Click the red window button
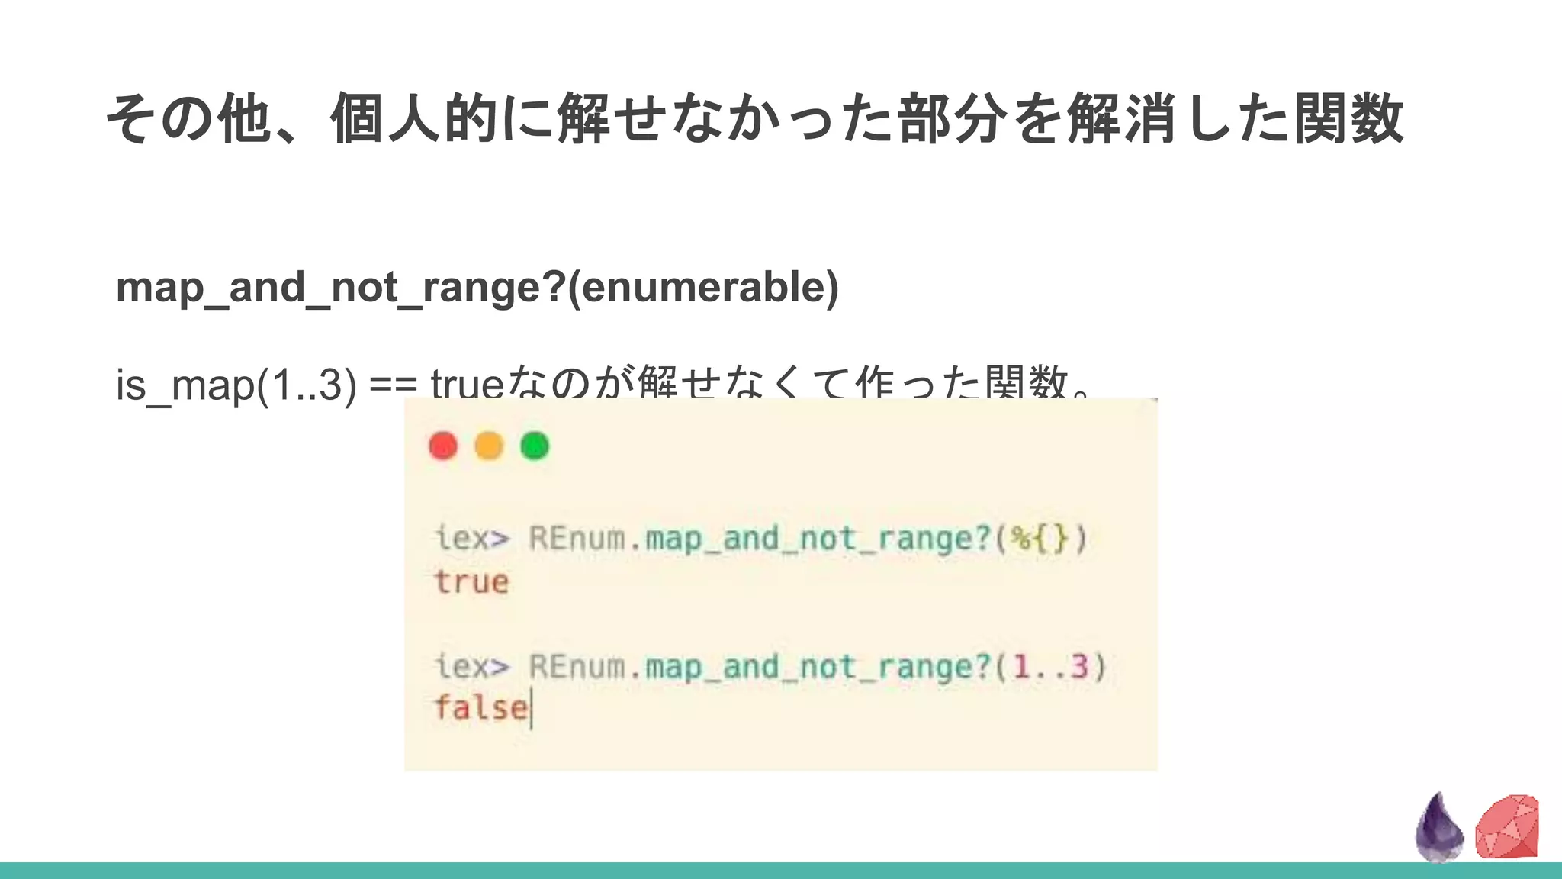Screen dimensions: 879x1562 click(x=443, y=446)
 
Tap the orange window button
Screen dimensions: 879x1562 click(x=489, y=446)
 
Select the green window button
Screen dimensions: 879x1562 click(x=535, y=446)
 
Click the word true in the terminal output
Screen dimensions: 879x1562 click(x=471, y=582)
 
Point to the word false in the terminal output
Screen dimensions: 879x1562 click(x=480, y=707)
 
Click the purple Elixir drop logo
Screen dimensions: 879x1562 click(x=1438, y=828)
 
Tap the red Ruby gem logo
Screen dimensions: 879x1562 click(x=1507, y=826)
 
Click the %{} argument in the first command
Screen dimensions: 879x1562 click(x=1041, y=539)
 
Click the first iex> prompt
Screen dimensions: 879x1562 click(x=471, y=538)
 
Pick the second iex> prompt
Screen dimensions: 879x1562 click(x=471, y=666)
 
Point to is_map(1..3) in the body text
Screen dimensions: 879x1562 click(x=236, y=384)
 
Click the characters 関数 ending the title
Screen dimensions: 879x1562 click(x=1348, y=118)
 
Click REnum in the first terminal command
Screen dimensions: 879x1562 click(x=577, y=538)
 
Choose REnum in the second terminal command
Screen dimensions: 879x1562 click(x=577, y=666)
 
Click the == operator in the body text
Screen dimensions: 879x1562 click(x=393, y=384)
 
